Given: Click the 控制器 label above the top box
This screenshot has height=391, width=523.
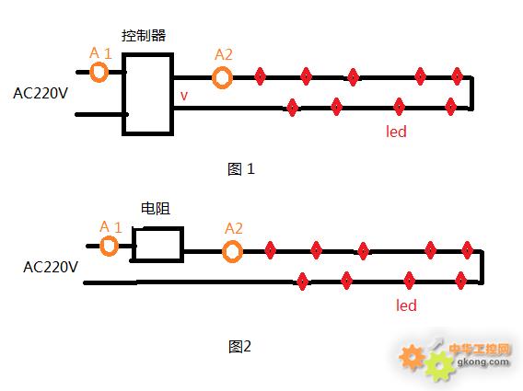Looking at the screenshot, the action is click(x=144, y=35).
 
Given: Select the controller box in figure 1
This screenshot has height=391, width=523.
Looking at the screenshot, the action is click(x=123, y=94).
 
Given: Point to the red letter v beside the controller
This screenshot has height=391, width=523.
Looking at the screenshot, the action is click(x=184, y=96).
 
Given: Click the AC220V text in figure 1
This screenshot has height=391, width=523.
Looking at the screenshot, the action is click(x=41, y=93).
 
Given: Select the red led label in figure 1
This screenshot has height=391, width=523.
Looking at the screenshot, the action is click(x=396, y=132).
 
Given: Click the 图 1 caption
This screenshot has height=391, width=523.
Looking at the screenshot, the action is click(x=241, y=169).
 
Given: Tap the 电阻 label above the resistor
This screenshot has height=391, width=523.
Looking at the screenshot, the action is click(x=156, y=209).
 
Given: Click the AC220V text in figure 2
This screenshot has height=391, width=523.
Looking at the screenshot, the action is click(x=51, y=267).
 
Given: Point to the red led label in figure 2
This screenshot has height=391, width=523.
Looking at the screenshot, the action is click(x=406, y=305).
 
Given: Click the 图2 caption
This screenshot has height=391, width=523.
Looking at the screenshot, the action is click(x=239, y=347).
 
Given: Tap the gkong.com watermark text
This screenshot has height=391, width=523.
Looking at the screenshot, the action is click(x=483, y=362).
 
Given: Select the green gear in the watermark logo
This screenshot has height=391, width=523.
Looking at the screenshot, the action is click(x=440, y=364).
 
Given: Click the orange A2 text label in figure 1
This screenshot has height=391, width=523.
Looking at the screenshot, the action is click(x=224, y=54).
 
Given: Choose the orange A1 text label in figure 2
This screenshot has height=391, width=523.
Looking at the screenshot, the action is click(x=110, y=227).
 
